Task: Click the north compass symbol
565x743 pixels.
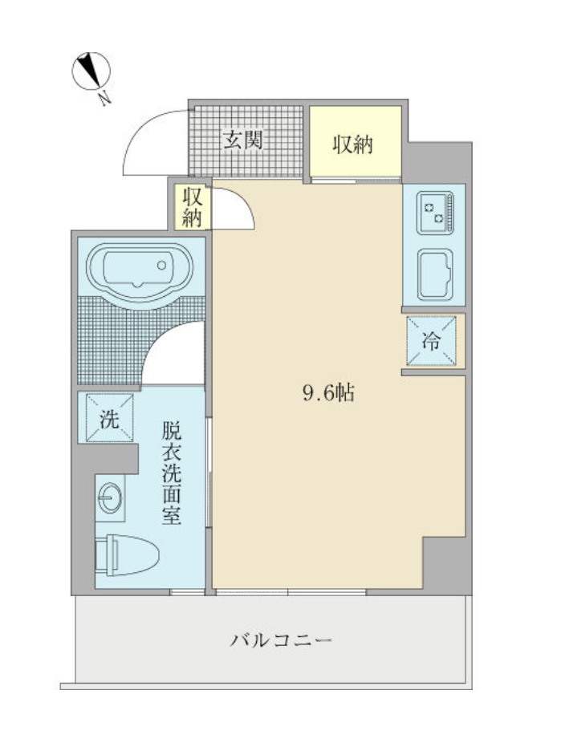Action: [x=91, y=71]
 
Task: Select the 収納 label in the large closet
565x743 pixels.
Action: [x=354, y=144]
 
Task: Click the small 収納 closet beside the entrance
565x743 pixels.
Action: [x=191, y=206]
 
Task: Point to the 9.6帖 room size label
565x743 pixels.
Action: [x=328, y=393]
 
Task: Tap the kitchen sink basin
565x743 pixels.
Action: [x=434, y=272]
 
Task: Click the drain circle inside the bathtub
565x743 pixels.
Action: [x=162, y=264]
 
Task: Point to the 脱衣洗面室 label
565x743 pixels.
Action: [x=171, y=473]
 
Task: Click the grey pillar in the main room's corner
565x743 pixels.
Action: [x=444, y=564]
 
